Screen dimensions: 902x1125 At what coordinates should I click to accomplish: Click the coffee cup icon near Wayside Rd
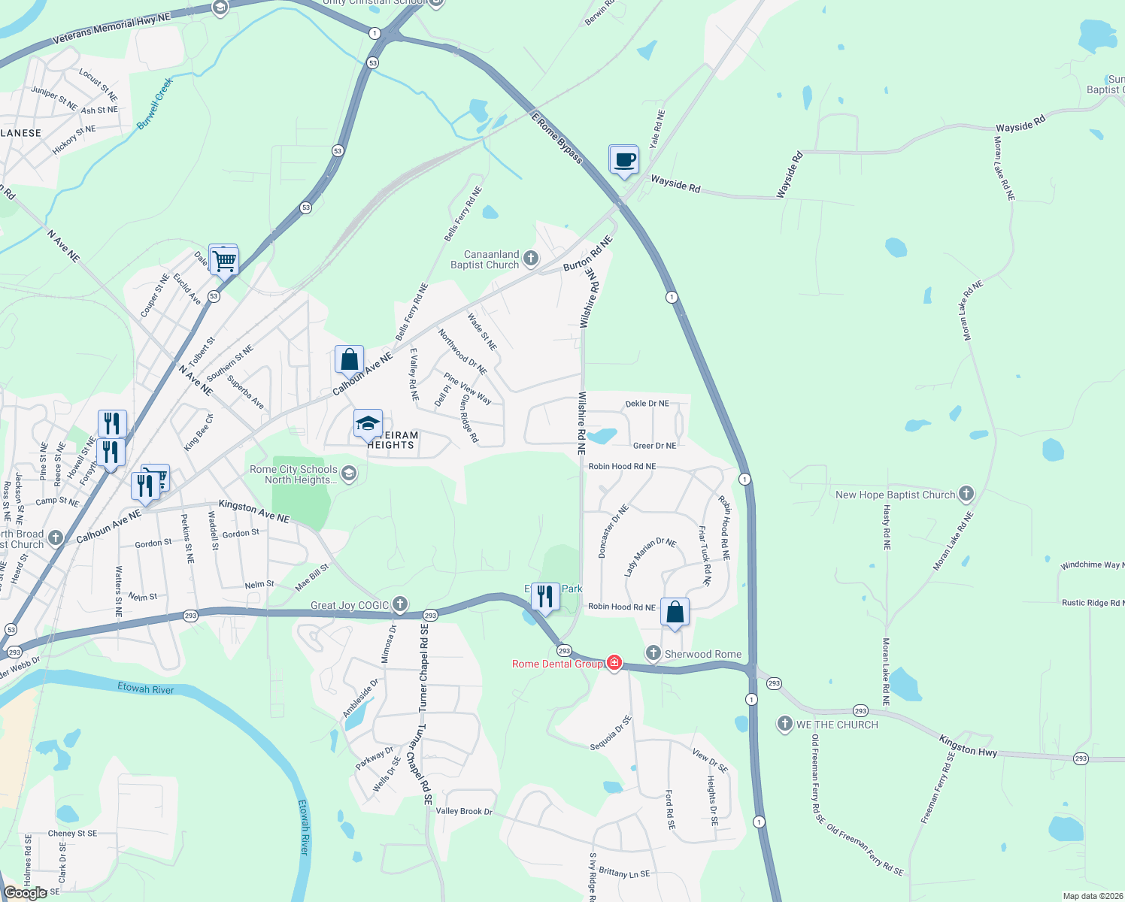pyautogui.click(x=623, y=159)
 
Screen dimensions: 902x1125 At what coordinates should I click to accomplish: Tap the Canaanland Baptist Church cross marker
pyautogui.click(x=531, y=259)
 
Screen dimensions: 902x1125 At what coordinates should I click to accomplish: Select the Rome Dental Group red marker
pyautogui.click(x=614, y=663)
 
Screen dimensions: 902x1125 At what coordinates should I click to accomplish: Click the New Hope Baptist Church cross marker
pyautogui.click(x=966, y=494)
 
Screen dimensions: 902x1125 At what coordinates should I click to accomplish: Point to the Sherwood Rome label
pyautogui.click(x=702, y=654)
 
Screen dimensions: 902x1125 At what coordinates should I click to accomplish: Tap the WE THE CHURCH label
pyautogui.click(x=837, y=725)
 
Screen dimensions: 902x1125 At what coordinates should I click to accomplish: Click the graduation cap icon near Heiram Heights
pyautogui.click(x=368, y=425)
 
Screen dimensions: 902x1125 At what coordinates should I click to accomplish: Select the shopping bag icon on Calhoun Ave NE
pyautogui.click(x=349, y=360)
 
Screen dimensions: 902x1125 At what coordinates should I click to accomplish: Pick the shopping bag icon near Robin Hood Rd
pyautogui.click(x=675, y=612)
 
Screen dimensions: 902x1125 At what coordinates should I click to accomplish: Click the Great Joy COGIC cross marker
pyautogui.click(x=400, y=604)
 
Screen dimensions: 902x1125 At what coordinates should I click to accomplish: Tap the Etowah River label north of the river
pyautogui.click(x=145, y=689)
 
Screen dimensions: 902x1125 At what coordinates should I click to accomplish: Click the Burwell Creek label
pyautogui.click(x=156, y=104)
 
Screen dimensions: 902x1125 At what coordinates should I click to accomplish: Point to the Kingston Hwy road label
pyautogui.click(x=968, y=746)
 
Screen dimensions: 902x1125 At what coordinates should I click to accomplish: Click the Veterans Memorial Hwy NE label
pyautogui.click(x=111, y=29)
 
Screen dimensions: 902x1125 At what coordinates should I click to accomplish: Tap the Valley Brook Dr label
pyautogui.click(x=464, y=811)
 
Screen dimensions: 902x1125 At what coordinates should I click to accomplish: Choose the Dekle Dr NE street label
pyautogui.click(x=647, y=404)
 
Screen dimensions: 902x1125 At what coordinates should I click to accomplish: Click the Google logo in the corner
pyautogui.click(x=25, y=892)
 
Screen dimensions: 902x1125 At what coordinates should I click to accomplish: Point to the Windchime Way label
pyautogui.click(x=1091, y=565)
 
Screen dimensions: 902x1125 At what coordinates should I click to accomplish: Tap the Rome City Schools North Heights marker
pyautogui.click(x=348, y=474)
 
